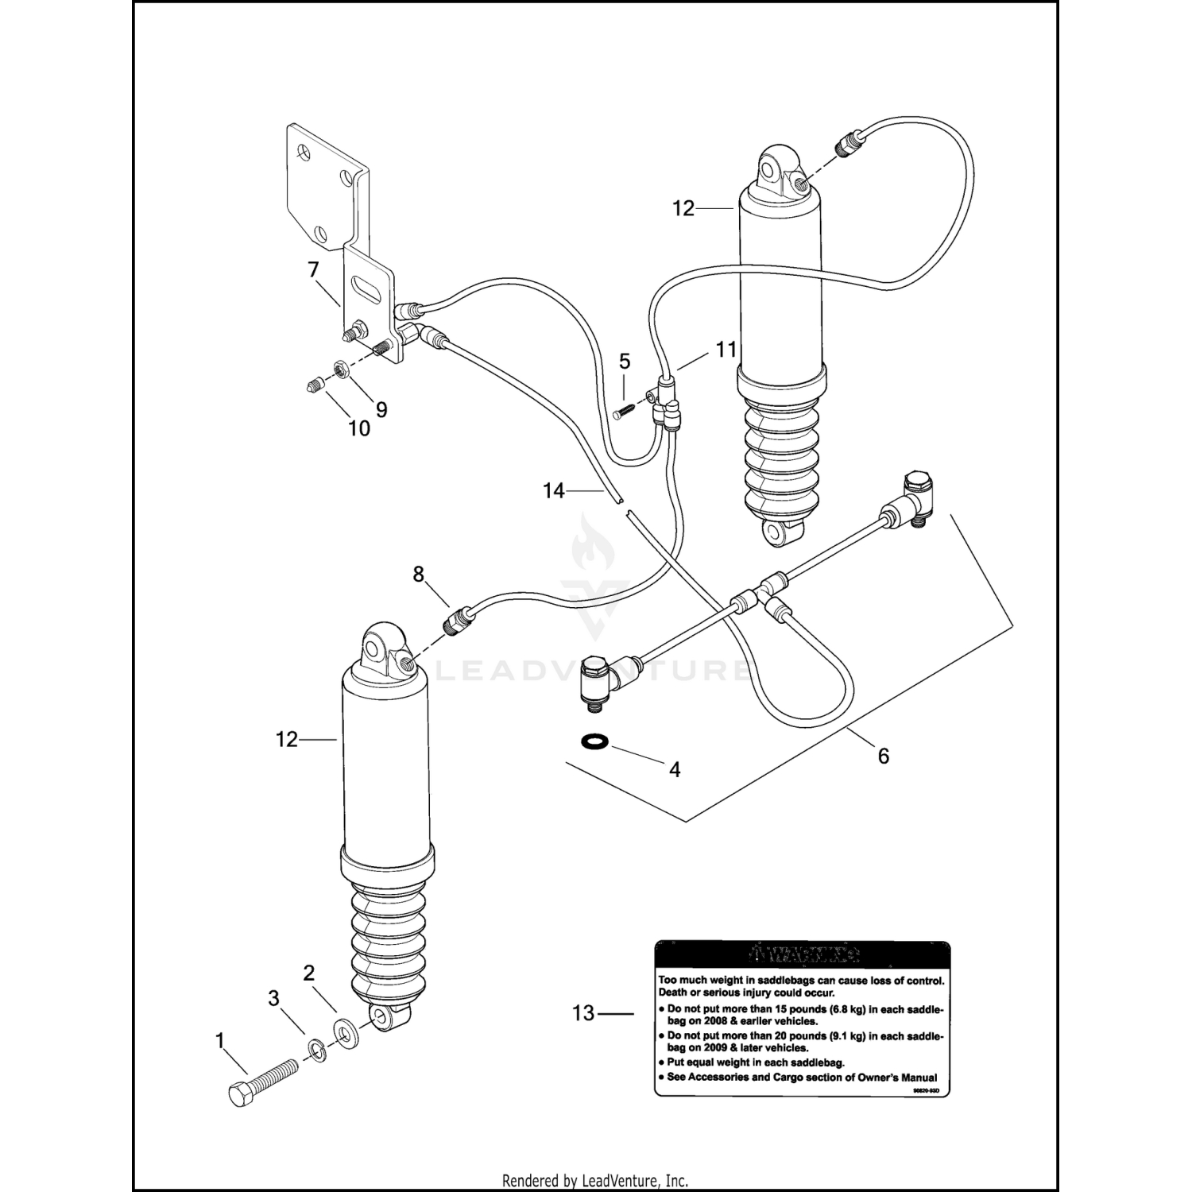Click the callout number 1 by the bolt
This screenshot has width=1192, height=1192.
click(220, 1040)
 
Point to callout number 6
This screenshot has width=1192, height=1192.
click(883, 756)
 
